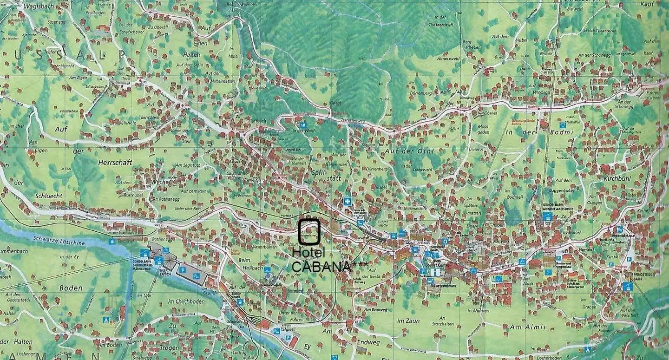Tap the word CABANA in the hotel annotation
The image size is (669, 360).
pos(321,267)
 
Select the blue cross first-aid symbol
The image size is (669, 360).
pos(347,201)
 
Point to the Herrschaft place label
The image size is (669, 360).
pos(115,163)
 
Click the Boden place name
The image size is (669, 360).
pos(71,288)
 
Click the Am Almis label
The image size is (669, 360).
pos(528,327)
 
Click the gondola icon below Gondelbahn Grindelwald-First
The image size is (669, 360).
pos(548,216)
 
